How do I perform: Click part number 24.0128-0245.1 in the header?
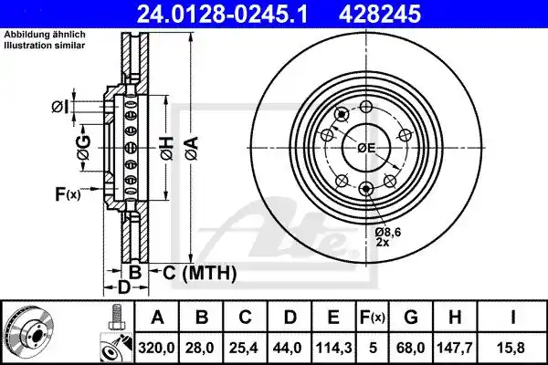coord(222,15)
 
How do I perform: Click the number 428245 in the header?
coord(380,15)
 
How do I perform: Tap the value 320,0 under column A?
coord(156,348)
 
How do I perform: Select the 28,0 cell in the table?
coord(201,348)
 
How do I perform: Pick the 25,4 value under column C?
coord(245,348)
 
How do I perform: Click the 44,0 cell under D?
coord(290,348)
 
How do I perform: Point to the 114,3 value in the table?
coord(333,348)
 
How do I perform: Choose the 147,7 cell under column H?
coord(455,348)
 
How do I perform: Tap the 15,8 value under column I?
coord(512,348)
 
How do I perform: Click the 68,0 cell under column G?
coord(411,348)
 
